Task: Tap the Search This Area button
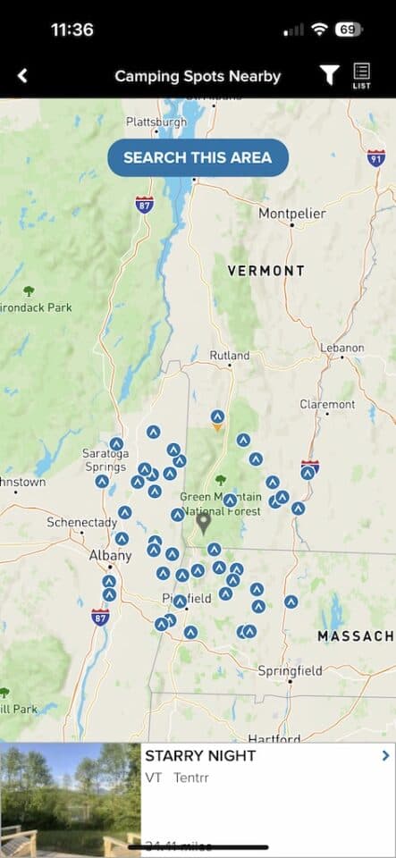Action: pos(198,158)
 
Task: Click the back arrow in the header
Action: pos(23,76)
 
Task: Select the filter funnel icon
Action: pos(329,76)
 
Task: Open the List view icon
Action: pos(362,75)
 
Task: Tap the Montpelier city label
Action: pos(291,214)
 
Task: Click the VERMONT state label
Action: pos(265,270)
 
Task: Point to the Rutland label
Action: pos(230,356)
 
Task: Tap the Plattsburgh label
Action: pos(156,122)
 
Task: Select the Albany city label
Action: pos(110,555)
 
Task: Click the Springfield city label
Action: pos(290,670)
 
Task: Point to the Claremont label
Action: pos(327,404)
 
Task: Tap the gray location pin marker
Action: pos(204,521)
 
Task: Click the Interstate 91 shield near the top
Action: pos(376,157)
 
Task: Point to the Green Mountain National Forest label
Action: pos(222,504)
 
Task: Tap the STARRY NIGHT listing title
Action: pos(200,756)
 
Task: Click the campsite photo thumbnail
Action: pos(70,800)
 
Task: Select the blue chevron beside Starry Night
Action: pos(385,756)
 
